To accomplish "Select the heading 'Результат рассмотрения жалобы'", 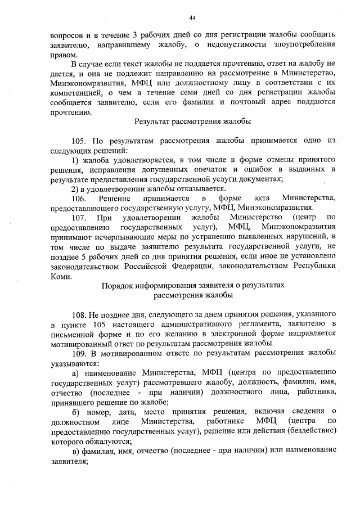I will (x=192, y=121).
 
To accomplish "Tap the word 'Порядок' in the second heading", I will (x=116, y=285).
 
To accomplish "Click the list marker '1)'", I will (x=76, y=160).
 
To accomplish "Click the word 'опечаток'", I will (x=214, y=169).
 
